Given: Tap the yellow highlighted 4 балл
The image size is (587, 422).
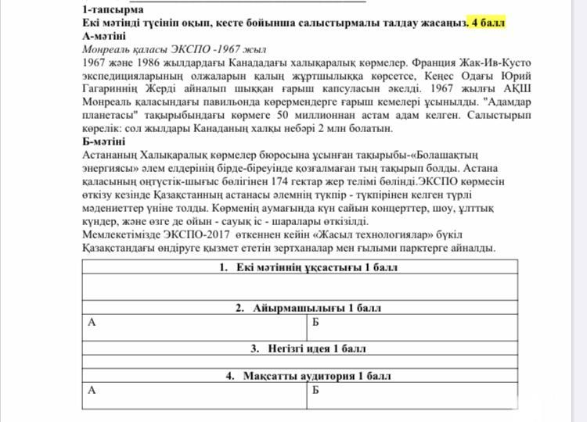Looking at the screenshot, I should [x=487, y=22].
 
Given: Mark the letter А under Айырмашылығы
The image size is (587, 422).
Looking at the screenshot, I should [x=92, y=322].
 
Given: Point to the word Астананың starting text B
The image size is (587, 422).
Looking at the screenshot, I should [x=110, y=155].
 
